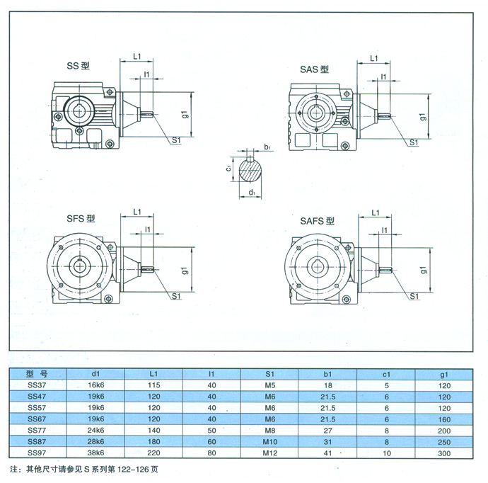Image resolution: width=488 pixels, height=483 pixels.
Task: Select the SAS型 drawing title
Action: [x=314, y=69]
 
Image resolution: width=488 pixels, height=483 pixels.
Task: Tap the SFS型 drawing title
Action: [x=82, y=219]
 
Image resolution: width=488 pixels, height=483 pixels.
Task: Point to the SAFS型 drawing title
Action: [x=316, y=221]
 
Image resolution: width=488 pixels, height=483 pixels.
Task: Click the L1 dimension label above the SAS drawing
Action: [x=375, y=59]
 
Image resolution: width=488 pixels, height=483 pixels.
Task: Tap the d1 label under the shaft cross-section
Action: [x=252, y=192]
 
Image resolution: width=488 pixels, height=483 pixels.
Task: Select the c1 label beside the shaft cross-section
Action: [x=229, y=169]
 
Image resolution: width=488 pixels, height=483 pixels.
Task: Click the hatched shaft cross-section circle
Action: [x=251, y=170]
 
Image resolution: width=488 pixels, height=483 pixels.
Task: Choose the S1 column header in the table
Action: [x=268, y=373]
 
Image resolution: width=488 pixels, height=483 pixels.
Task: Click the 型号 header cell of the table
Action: [x=36, y=373]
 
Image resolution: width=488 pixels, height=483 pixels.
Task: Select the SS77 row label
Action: [x=36, y=429]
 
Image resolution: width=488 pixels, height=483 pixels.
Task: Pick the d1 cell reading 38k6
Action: [x=95, y=452]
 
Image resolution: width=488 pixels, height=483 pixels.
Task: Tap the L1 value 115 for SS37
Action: [x=155, y=384]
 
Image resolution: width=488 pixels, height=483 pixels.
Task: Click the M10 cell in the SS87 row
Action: [x=268, y=441]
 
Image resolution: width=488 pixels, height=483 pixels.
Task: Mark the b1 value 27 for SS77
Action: [x=327, y=429]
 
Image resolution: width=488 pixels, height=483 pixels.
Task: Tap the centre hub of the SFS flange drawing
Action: [x=78, y=267]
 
